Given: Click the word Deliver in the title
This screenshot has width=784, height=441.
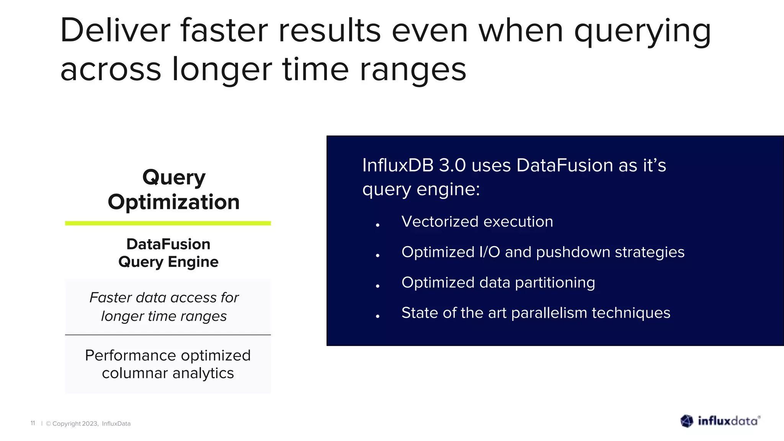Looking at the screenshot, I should (115, 31).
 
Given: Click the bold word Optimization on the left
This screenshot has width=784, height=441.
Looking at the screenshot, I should (173, 202).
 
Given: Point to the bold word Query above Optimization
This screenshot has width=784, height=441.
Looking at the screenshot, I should (174, 178).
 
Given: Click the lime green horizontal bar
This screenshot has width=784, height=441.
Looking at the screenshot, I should (168, 223).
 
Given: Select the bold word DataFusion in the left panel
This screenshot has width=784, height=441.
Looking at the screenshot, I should (168, 244).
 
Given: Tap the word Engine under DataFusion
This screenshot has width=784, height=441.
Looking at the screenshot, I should (193, 262).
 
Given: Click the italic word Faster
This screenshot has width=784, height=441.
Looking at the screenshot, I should (110, 297).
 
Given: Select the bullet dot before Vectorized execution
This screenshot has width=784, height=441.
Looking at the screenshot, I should (377, 225).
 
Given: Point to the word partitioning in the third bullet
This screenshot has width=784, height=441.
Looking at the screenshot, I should (555, 283).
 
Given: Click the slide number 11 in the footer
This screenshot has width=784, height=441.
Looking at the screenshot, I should (33, 423).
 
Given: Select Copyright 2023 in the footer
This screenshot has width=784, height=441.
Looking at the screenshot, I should (75, 423).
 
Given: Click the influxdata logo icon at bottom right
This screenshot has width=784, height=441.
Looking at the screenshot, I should (687, 421).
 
